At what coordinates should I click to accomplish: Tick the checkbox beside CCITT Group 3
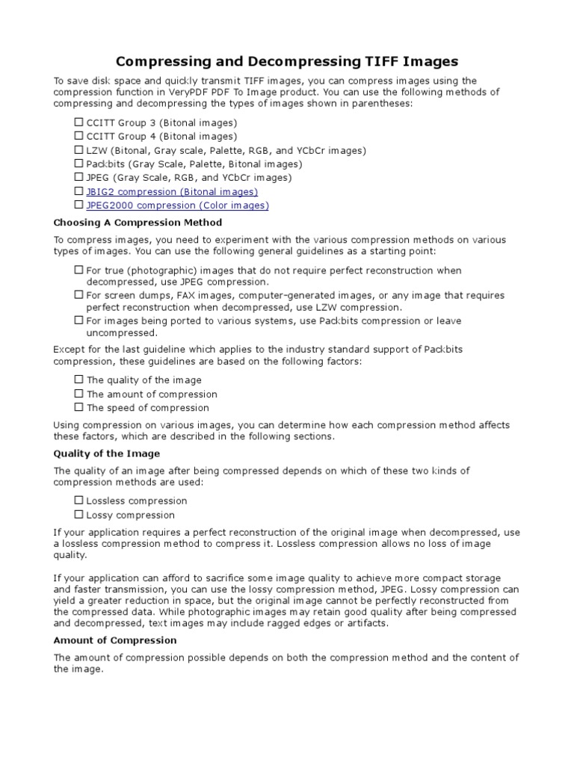tap(78, 122)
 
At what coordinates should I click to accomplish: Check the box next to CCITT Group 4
tap(78, 136)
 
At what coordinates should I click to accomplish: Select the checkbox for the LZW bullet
tap(78, 149)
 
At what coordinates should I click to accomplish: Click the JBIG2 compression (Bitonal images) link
tap(172, 192)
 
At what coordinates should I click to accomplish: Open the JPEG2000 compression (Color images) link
tap(177, 205)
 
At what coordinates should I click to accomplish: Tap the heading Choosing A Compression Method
tap(138, 223)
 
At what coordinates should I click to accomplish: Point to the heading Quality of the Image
tap(106, 453)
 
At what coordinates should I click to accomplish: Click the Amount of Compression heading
tap(115, 640)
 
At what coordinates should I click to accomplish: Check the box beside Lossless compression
tap(78, 501)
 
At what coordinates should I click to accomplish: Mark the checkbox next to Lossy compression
tap(78, 514)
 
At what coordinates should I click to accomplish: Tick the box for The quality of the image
tap(78, 380)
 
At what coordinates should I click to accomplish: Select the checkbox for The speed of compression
tap(78, 407)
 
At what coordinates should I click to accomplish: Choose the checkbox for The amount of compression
tap(78, 393)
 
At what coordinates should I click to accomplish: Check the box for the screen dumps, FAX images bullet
tap(78, 295)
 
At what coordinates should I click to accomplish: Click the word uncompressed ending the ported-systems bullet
tap(121, 333)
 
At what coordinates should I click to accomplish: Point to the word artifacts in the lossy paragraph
tap(364, 623)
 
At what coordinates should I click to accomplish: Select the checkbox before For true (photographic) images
tap(78, 270)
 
